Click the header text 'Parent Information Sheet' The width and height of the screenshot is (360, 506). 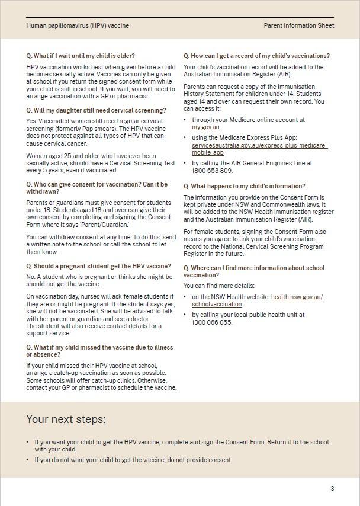298,26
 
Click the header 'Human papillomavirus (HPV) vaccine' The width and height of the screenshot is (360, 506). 78,26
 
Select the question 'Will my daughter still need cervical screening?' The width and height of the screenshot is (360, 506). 96,111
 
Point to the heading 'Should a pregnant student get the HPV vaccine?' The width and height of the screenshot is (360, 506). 98,267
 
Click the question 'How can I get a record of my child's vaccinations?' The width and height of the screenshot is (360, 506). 256,56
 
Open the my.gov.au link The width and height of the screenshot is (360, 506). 205,127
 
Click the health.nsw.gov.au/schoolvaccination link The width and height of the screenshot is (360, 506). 296,297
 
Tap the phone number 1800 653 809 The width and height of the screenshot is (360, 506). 212,171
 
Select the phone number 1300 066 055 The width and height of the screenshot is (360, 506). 212,323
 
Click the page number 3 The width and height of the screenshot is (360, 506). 332,489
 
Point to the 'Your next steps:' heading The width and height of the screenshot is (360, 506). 66,419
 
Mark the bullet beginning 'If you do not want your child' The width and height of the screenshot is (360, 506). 133,460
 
